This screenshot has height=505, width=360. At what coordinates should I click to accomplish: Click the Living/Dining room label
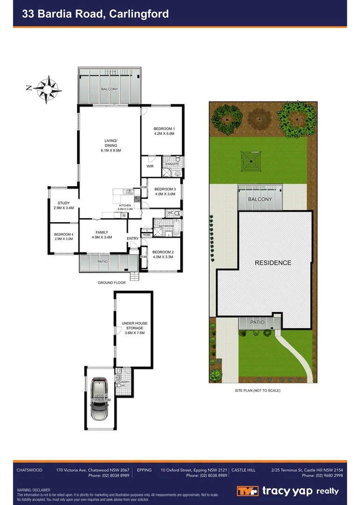click(111, 145)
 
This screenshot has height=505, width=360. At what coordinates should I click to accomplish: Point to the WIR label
click(151, 166)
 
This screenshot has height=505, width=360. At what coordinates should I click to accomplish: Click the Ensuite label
click(172, 164)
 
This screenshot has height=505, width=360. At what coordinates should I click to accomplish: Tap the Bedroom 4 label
click(64, 237)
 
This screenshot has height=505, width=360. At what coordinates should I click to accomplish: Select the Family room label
click(102, 235)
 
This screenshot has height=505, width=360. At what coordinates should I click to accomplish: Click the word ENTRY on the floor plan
click(133, 238)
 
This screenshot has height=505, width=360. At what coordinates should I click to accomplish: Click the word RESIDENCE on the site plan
click(273, 263)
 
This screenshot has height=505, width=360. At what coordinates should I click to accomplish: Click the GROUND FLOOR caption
click(112, 283)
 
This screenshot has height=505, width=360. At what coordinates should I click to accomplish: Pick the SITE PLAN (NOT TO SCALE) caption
click(257, 390)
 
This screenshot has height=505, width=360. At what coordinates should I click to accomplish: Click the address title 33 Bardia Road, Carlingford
click(95, 14)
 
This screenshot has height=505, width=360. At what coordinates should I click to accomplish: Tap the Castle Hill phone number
click(322, 476)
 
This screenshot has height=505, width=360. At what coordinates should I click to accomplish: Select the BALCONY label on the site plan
click(260, 199)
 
